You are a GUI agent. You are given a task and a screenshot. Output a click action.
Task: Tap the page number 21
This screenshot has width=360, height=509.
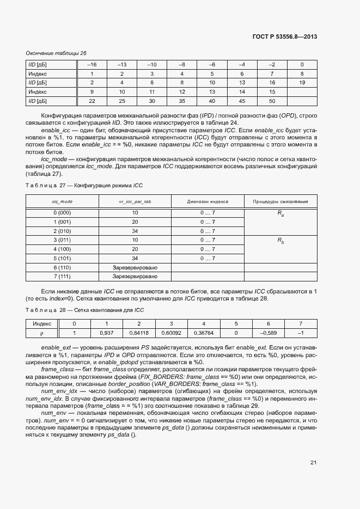[x=313, y=463]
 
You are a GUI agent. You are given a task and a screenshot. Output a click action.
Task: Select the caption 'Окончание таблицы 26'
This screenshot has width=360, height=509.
[x=56, y=53]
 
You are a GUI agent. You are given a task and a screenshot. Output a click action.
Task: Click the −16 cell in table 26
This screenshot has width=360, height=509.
[x=92, y=65]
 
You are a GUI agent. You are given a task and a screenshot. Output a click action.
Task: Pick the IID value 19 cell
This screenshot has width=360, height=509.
[x=302, y=83]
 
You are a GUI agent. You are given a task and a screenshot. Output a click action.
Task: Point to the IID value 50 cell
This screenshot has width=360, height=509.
[x=272, y=101]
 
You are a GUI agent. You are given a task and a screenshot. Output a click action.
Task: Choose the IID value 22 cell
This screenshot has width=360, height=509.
[x=92, y=101]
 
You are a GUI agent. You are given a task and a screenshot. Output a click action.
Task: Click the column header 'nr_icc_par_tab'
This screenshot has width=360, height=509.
[x=135, y=201]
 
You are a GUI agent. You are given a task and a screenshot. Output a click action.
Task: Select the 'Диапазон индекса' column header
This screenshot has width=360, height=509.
[x=208, y=201]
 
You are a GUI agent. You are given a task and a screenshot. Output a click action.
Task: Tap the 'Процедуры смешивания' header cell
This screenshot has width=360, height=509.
[x=280, y=201]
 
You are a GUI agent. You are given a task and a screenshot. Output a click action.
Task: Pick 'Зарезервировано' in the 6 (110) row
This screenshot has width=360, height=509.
[x=135, y=268]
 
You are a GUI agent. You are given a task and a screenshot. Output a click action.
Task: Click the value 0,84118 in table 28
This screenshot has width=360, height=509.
[x=139, y=333]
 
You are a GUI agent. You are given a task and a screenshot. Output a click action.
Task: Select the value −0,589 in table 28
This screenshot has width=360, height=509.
[x=268, y=333]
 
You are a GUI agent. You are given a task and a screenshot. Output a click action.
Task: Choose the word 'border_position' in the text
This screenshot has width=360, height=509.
[x=144, y=384]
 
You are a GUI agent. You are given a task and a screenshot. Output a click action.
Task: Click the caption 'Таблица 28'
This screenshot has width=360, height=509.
[x=45, y=310]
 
